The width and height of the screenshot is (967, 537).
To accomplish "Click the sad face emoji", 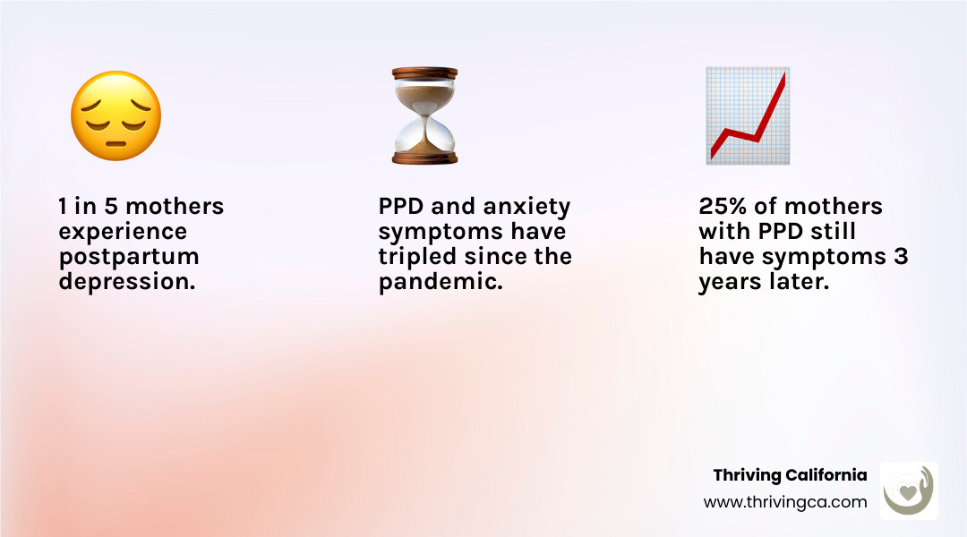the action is (x=116, y=116).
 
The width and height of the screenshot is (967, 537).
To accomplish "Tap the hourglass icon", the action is (x=425, y=115).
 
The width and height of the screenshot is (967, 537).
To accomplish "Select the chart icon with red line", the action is (x=748, y=115).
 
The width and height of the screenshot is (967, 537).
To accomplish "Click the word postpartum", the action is (x=129, y=258).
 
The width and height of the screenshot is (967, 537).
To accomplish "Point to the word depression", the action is (x=127, y=282).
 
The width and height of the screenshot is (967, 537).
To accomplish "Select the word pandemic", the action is (x=441, y=282).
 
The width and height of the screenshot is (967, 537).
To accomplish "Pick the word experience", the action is (x=123, y=233).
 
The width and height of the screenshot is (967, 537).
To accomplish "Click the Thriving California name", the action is (x=790, y=475).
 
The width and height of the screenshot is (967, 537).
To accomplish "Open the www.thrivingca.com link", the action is (x=785, y=502).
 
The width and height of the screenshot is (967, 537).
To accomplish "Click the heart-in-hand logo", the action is (x=909, y=490).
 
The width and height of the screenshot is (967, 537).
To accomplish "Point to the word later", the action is (x=799, y=282).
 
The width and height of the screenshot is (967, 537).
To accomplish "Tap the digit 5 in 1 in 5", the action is (x=110, y=206).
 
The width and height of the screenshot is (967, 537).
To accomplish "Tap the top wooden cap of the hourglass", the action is (x=425, y=73).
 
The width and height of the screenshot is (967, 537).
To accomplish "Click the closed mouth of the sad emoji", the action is (x=116, y=144).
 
